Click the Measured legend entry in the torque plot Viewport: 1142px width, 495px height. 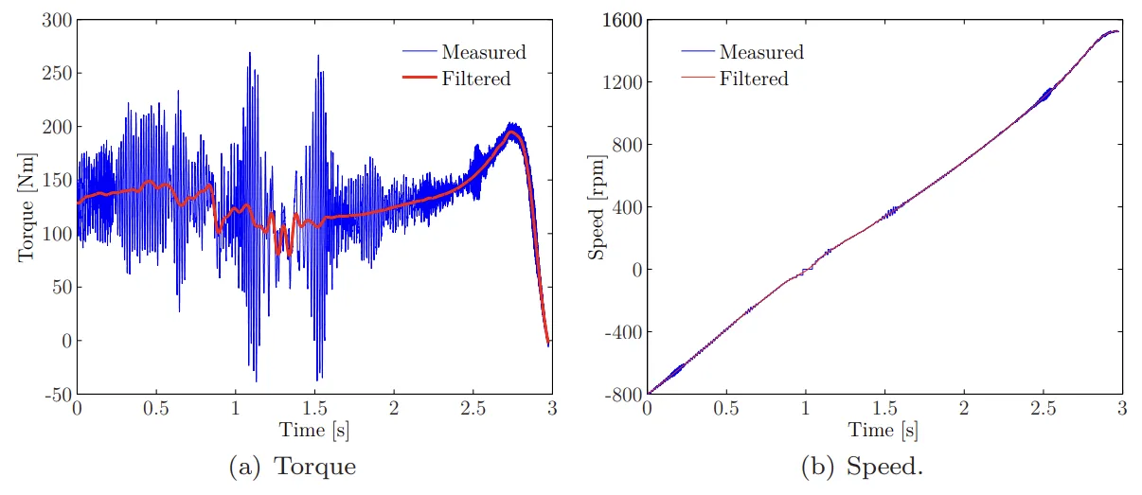(x=483, y=52)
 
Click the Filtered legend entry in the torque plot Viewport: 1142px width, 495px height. (x=476, y=79)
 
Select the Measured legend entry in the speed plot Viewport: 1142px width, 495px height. (x=761, y=52)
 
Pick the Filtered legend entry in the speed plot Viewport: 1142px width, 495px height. (x=754, y=79)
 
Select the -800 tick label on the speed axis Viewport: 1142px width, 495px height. (x=622, y=394)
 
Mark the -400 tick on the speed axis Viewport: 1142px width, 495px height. (x=622, y=331)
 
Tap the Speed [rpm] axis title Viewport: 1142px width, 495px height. (x=597, y=206)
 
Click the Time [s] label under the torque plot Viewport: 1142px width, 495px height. (x=313, y=431)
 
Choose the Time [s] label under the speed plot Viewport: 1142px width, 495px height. (x=883, y=431)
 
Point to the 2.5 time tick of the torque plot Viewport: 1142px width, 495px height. (x=472, y=407)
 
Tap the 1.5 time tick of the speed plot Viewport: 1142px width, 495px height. (x=884, y=407)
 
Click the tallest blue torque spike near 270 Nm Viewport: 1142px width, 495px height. (x=250, y=53)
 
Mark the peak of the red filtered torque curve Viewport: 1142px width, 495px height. (x=511, y=133)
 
